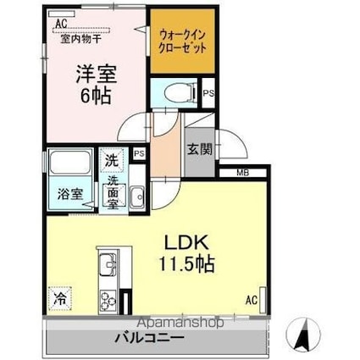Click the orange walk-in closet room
(182, 42)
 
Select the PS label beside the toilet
(209, 93)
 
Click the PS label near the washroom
(139, 153)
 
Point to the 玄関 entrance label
(200, 149)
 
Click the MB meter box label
(243, 173)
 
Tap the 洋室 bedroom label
(97, 74)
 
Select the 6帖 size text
(96, 97)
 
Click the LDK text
(187, 242)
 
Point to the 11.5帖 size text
(187, 263)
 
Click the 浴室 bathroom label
(70, 194)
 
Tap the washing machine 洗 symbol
(112, 160)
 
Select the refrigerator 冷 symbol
(60, 298)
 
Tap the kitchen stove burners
(108, 301)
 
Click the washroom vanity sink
(137, 197)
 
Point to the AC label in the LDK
(252, 300)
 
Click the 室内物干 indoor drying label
(81, 39)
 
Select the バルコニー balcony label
(149, 337)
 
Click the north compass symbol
(303, 332)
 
